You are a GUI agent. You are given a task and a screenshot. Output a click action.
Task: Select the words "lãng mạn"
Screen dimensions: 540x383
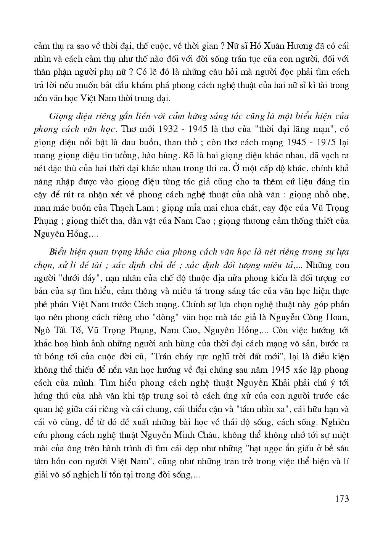(x=312, y=129)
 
